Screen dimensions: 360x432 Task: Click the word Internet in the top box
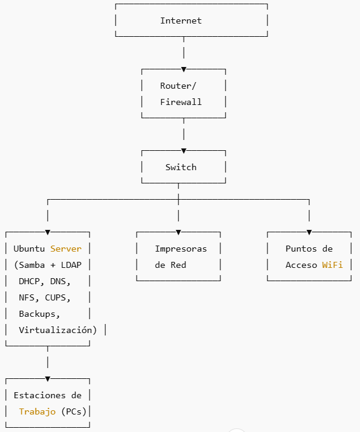tap(181, 21)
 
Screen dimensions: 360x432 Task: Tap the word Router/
tap(178, 86)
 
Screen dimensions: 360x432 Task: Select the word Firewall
tap(181, 102)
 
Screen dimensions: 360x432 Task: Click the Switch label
tap(181, 167)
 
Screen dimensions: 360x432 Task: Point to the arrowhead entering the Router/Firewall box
tap(184, 69)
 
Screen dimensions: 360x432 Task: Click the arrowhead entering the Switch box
tap(184, 151)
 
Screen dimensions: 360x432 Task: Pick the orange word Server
tap(66, 249)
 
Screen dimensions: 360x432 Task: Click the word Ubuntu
tap(29, 249)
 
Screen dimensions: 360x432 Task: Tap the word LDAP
tap(71, 265)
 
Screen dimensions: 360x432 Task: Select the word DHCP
tap(29, 281)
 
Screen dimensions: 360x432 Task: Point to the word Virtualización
tap(56, 330)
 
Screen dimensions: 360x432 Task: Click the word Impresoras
tap(181, 249)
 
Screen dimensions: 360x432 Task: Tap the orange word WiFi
tap(332, 265)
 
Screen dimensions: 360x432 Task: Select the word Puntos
tap(301, 249)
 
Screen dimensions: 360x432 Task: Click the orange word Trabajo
tap(37, 411)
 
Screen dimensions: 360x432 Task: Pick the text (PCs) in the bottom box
tap(74, 411)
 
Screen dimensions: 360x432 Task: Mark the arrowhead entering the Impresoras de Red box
tap(178, 232)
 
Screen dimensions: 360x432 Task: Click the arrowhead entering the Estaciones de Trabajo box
tap(48, 379)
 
